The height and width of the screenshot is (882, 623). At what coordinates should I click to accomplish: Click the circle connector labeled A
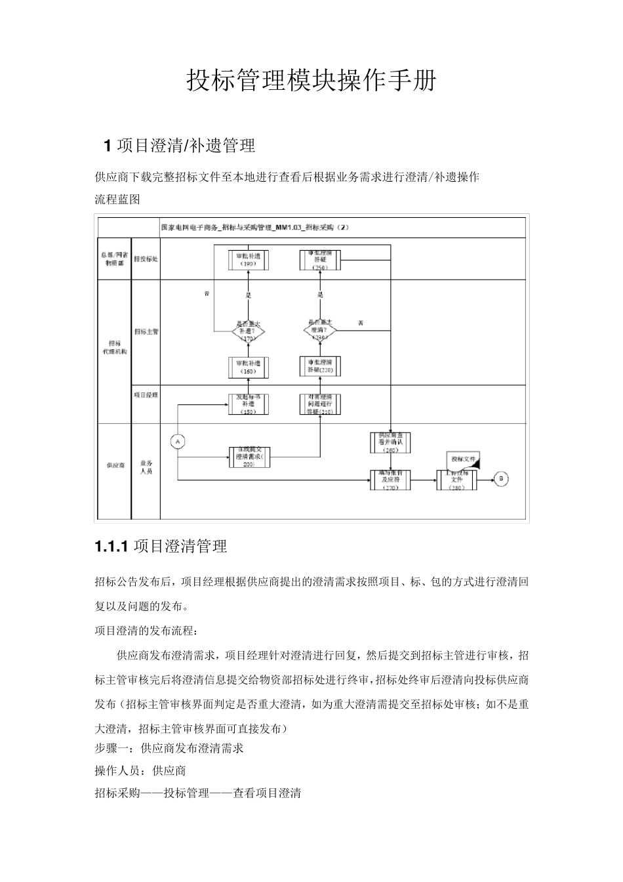[x=176, y=441]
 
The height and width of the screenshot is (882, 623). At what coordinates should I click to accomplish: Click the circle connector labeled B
[x=502, y=479]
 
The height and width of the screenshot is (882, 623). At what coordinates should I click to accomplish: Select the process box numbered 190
[x=249, y=259]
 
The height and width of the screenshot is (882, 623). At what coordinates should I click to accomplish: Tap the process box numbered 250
[x=320, y=259]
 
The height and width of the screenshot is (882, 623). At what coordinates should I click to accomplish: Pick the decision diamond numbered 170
[x=249, y=331]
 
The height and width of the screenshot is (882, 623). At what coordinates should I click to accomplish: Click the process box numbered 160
[x=249, y=367]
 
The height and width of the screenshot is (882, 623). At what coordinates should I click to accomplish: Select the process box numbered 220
[x=320, y=366]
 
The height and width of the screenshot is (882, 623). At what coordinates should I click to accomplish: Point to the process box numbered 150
[x=249, y=404]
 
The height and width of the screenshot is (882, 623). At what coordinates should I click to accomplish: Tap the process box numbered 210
[x=320, y=404]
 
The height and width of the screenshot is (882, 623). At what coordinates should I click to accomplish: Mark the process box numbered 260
[x=391, y=442]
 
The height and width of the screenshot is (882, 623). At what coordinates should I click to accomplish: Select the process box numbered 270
[x=391, y=480]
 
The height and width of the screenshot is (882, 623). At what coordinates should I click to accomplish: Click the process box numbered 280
[x=457, y=480]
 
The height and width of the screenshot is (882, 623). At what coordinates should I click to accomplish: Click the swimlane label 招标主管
[x=146, y=332]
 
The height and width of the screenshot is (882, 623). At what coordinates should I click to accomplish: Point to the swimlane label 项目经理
[x=146, y=395]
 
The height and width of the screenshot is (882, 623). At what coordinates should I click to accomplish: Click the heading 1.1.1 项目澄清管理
[x=161, y=546]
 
